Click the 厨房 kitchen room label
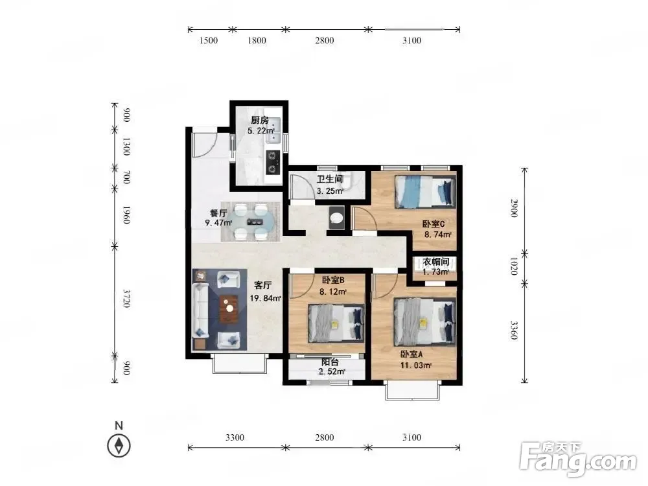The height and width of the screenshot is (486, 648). [x=260, y=121]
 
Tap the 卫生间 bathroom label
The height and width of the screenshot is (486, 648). [x=330, y=179]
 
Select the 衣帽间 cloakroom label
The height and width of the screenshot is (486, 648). [x=435, y=262]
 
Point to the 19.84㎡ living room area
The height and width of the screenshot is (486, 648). [x=265, y=298]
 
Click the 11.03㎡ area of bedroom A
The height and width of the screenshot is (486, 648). [x=416, y=365]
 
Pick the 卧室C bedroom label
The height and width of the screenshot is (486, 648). [x=433, y=224]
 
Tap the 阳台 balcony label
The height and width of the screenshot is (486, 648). [x=330, y=362]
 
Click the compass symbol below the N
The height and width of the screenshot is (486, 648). [x=119, y=446]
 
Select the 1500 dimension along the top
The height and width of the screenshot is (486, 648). [x=208, y=40]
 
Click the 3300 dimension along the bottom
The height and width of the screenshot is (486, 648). [x=235, y=437]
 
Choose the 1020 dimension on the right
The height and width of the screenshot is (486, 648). [x=514, y=266]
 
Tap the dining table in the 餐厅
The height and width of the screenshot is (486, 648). [x=251, y=222]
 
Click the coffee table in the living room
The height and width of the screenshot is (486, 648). [x=229, y=308]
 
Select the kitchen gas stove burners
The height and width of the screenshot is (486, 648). [x=272, y=163]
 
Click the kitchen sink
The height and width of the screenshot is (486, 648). [x=273, y=131]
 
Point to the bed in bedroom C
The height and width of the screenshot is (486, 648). [x=425, y=192]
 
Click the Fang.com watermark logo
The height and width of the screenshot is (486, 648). [x=578, y=459]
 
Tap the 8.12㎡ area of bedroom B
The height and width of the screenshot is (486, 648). [x=332, y=292]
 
